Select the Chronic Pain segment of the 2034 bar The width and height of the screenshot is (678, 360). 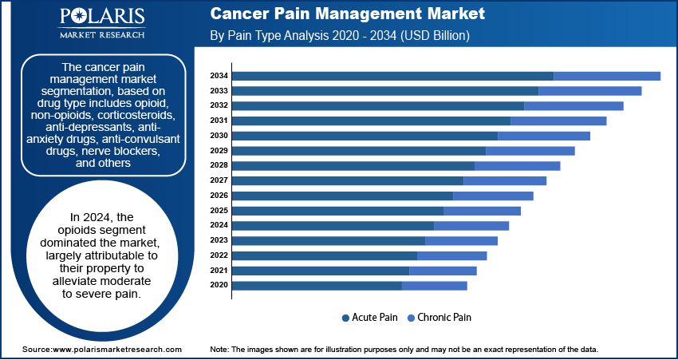point(607,76)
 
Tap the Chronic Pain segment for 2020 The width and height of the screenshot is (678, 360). point(435,285)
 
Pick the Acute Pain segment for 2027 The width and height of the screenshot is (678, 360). point(348,180)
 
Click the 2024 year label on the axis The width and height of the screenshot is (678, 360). point(219,225)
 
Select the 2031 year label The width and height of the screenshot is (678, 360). point(219,121)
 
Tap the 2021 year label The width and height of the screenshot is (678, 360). point(219,270)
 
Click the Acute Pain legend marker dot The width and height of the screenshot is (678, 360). point(345,318)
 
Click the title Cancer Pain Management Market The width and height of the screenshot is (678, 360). point(346,15)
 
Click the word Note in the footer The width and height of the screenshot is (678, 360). point(219,350)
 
